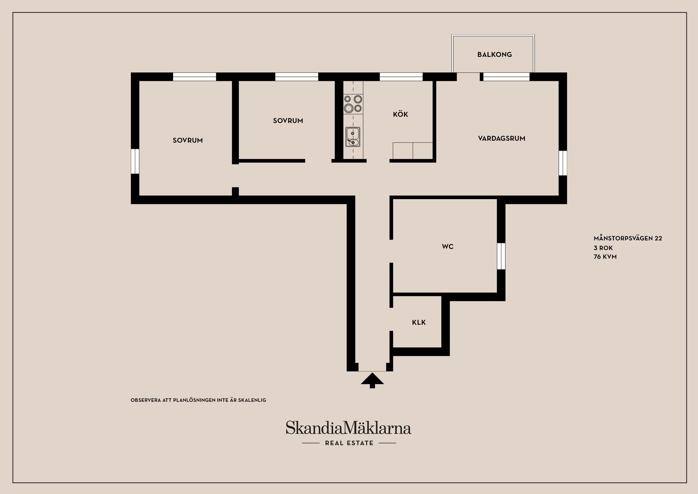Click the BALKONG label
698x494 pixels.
tap(494, 55)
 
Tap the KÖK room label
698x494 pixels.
tap(401, 114)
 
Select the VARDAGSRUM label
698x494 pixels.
tap(502, 138)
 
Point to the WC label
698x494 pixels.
tap(448, 246)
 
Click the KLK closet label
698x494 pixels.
tap(419, 322)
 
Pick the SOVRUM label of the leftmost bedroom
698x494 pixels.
tap(188, 140)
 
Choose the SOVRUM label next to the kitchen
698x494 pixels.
tap(288, 120)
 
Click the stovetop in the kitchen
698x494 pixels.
tap(353, 104)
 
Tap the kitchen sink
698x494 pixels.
tap(353, 137)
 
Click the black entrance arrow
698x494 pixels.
tap(372, 380)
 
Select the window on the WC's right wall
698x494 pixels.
tap(501, 256)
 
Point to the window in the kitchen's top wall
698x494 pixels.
tap(401, 77)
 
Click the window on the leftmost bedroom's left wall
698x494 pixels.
tap(135, 161)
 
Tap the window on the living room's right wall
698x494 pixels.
tap(563, 163)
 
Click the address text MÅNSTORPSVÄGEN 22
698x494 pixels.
tap(628, 238)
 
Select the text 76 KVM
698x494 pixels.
tap(605, 257)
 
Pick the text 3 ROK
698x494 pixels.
tap(603, 248)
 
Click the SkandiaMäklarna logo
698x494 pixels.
tap(348, 427)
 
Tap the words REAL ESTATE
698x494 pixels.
tap(349, 443)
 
